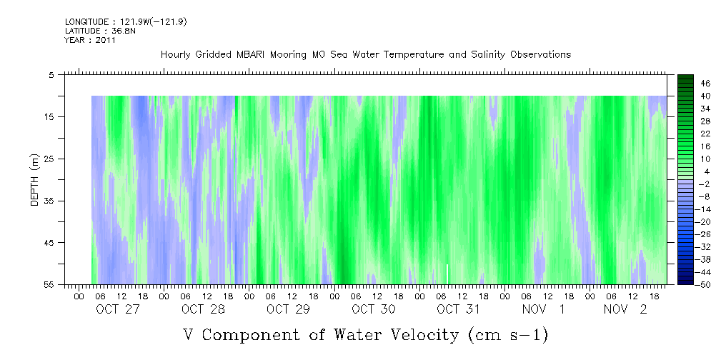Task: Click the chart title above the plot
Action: pos(365,55)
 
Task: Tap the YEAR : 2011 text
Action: pos(90,41)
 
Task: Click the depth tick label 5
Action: pos(51,74)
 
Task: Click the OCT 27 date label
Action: pos(118,309)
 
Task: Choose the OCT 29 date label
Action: pos(288,309)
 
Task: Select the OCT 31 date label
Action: pos(458,309)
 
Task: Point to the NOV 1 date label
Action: pos(543,309)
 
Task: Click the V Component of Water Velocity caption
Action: pos(365,334)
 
